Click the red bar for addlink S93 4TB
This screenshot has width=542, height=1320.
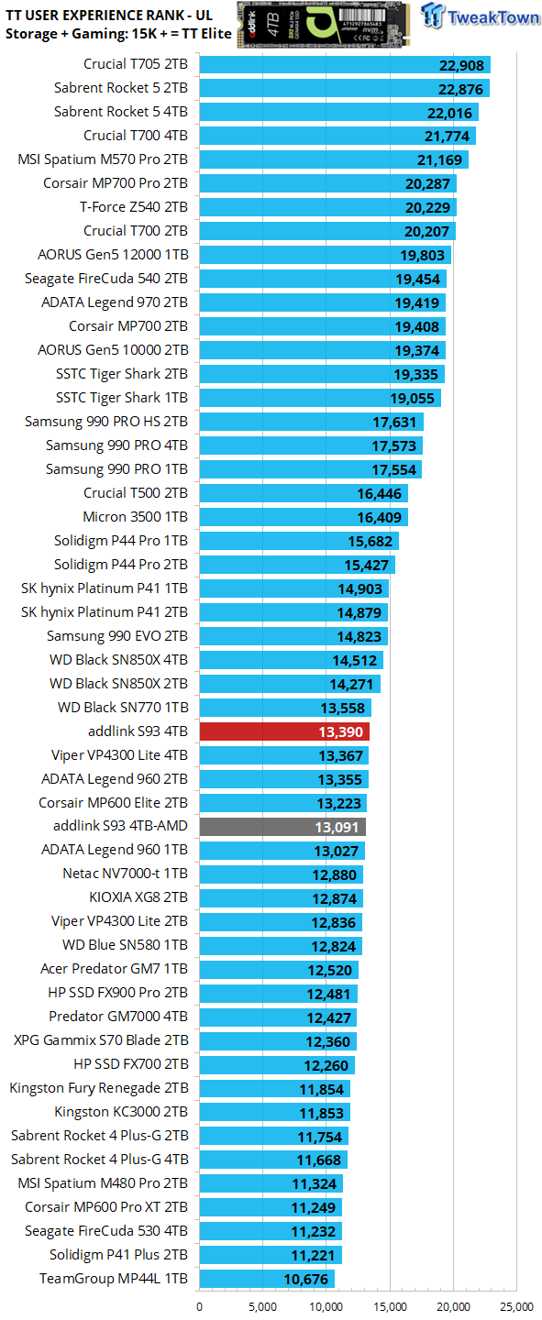coord(284,731)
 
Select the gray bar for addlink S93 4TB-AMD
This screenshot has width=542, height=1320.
coord(282,827)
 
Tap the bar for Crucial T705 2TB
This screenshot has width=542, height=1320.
coord(344,64)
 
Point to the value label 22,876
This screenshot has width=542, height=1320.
coord(459,88)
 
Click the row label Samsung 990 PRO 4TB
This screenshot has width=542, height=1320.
coord(116,445)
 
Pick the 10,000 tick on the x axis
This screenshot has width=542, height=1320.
coord(326,1307)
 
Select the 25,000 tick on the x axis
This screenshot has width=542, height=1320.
coord(517,1307)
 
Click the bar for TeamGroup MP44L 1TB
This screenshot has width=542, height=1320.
coord(266,1278)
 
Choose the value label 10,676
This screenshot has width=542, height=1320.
coord(307,1278)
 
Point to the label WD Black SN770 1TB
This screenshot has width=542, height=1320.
coord(123,708)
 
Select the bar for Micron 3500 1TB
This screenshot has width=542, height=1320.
coord(303,517)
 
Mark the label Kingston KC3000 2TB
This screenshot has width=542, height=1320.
coord(121,1111)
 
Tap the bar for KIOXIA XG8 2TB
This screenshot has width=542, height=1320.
coord(281,898)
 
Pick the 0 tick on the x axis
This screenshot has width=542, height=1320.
coord(200,1307)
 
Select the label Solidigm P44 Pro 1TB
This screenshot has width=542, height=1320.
coord(120,541)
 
